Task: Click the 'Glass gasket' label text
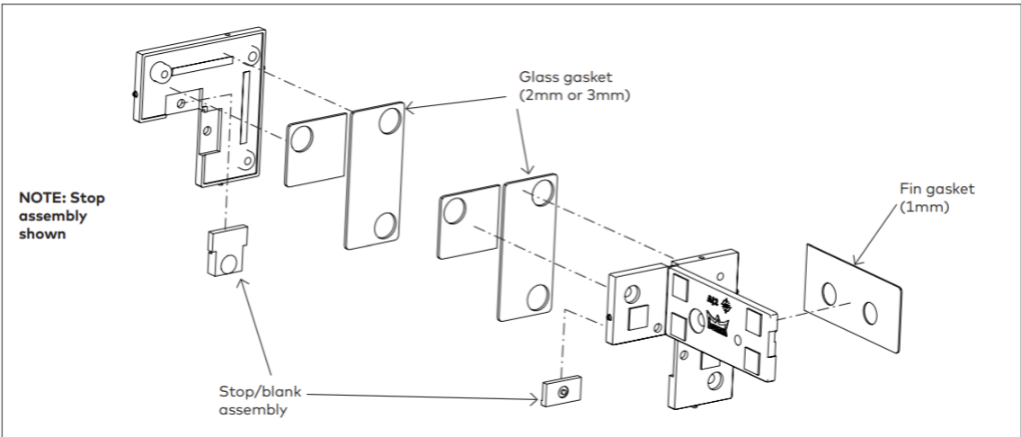[x=566, y=76]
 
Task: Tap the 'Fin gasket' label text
[x=937, y=189]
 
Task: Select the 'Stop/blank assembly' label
[x=261, y=401]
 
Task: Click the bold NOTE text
[x=62, y=216]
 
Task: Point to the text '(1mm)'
[x=920, y=207]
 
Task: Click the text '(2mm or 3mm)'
[x=575, y=95]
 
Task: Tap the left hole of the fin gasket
[x=829, y=294]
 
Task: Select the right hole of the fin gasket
[x=869, y=313]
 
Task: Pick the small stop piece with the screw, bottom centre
[x=562, y=391]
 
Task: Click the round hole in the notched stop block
[x=228, y=263]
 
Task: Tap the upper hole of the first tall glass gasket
[x=390, y=120]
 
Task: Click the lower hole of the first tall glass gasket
[x=386, y=226]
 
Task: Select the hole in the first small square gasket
[x=301, y=138]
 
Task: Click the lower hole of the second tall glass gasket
[x=538, y=298]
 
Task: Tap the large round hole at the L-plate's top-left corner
[x=160, y=72]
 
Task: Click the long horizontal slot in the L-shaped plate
[x=202, y=65]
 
